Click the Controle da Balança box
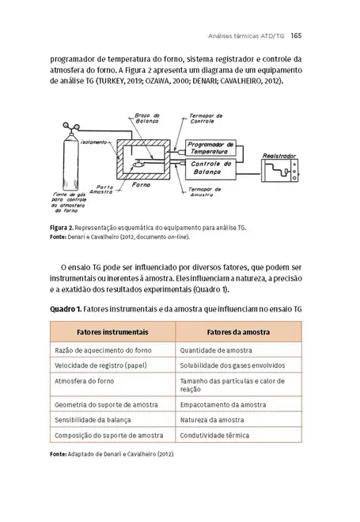[x=212, y=167]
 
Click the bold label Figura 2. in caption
[x=63, y=227]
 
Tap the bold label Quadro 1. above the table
[x=66, y=308]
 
